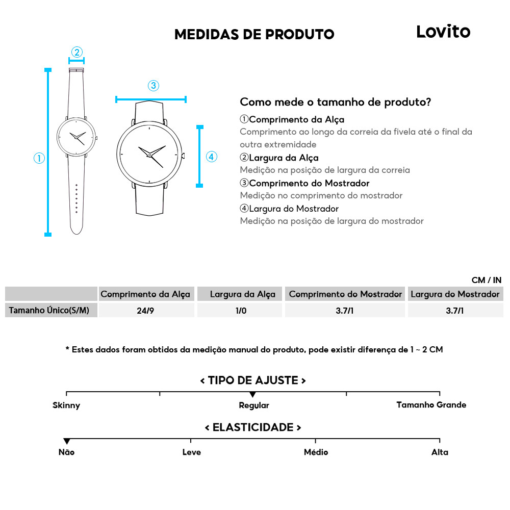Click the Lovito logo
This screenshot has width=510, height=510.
(443, 32)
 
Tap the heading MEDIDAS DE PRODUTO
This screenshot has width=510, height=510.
(254, 35)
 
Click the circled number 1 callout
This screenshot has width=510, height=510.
(39, 158)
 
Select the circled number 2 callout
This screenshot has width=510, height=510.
(76, 52)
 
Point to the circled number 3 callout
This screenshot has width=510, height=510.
(153, 86)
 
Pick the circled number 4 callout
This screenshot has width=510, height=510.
(212, 157)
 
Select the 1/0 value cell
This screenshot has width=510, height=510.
(241, 310)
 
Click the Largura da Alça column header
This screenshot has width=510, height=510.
(242, 294)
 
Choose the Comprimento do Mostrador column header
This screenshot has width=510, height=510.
(345, 294)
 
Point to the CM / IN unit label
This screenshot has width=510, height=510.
(487, 280)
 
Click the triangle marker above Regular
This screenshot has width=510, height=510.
(252, 395)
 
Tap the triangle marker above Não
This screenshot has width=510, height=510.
(66, 441)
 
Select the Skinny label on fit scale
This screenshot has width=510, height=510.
(66, 405)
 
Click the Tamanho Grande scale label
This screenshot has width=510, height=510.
(431, 405)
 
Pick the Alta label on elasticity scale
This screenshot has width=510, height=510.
(440, 452)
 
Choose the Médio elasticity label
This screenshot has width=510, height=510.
(316, 452)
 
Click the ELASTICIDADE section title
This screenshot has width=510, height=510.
(253, 427)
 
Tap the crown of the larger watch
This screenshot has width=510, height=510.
(183, 155)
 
